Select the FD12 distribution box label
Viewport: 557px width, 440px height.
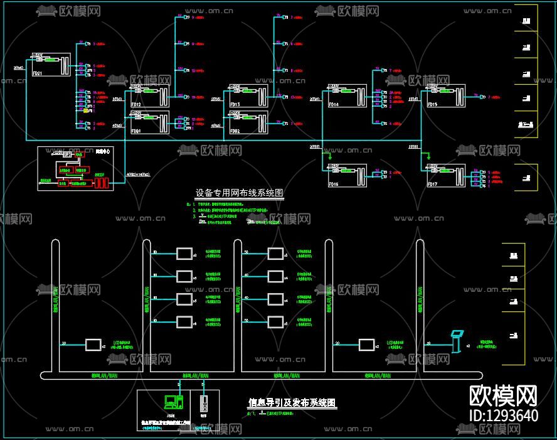(136, 104)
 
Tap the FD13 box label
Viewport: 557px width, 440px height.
(235, 104)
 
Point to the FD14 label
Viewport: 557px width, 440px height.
(334, 104)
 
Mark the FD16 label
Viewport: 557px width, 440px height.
(334, 185)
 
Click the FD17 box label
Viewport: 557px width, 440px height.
(432, 185)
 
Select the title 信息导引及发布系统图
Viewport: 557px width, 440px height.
(292, 402)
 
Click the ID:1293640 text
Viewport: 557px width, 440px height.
(504, 416)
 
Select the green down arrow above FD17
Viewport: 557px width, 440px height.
(428, 156)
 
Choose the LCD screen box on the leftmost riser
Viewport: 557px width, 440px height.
(93, 345)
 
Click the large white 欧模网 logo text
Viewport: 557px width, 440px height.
(504, 395)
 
